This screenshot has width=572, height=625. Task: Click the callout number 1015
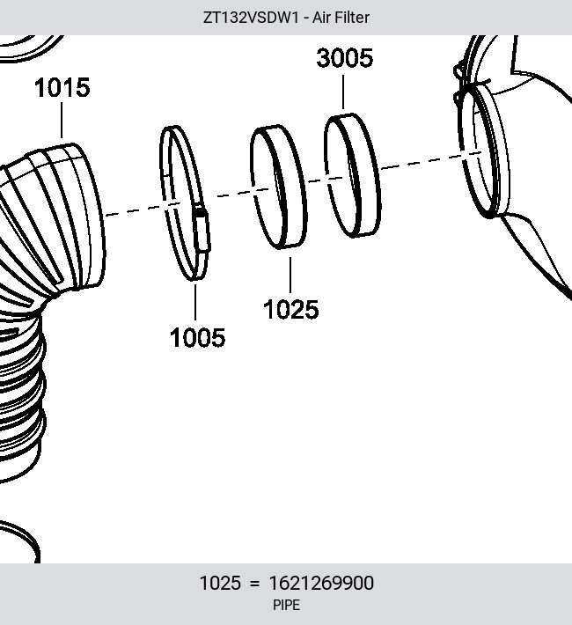pos(62,88)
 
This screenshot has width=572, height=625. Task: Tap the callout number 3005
pos(345,58)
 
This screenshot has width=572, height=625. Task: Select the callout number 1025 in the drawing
pos(291,309)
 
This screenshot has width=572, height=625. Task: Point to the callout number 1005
pos(197,337)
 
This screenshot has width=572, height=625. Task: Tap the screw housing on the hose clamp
pos(202,230)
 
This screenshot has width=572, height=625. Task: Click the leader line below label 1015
pos(62,120)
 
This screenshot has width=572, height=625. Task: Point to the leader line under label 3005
pos(343,92)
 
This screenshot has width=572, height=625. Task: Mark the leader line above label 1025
pos(290,275)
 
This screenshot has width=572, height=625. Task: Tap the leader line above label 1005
pos(195,302)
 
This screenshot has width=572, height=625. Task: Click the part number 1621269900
pos(321,583)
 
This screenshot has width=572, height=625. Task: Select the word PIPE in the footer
pos(286,605)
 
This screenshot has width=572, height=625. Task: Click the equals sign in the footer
pos(254,584)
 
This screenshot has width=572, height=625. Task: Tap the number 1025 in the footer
pos(220,583)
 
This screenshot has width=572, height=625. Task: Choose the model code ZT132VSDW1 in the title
pos(251,18)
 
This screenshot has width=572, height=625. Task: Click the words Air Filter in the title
pos(341,18)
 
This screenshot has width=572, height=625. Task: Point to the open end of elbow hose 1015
pos(92,216)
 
